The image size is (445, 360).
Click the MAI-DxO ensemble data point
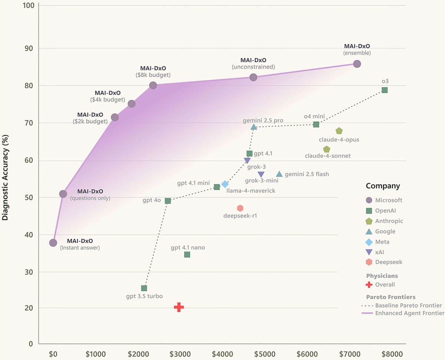click(x=357, y=64)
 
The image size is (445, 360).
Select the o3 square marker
click(x=385, y=90)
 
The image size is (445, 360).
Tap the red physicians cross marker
click(x=179, y=307)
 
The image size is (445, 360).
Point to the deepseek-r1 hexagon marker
click(x=240, y=208)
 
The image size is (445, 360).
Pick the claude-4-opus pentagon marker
click(x=339, y=131)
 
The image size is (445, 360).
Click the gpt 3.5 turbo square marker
click(x=144, y=288)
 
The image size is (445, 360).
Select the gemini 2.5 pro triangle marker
click(x=254, y=127)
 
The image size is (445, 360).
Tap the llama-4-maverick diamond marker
click(x=225, y=184)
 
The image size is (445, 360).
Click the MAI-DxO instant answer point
click(x=53, y=243)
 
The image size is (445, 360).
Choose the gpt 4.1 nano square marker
click(x=187, y=255)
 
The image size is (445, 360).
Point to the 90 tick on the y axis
click(x=29, y=48)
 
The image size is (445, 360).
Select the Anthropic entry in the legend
click(x=389, y=221)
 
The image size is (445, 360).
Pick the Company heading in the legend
click(x=383, y=186)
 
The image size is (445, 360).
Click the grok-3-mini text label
click(x=262, y=181)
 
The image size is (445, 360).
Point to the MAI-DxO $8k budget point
click(x=153, y=85)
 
